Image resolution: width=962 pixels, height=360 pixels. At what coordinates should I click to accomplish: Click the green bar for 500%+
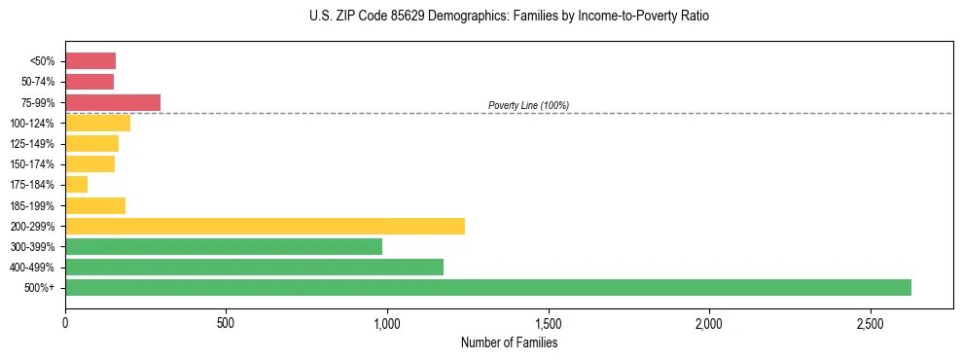click(x=487, y=287)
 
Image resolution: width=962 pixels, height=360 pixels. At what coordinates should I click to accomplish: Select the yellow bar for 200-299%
click(x=265, y=226)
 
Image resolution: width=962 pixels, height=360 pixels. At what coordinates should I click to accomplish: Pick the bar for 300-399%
click(x=224, y=246)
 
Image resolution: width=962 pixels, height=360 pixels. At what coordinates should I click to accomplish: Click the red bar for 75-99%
click(x=113, y=102)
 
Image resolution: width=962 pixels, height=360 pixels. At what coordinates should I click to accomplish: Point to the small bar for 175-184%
click(x=77, y=184)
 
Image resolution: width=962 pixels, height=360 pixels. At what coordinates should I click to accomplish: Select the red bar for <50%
click(x=90, y=61)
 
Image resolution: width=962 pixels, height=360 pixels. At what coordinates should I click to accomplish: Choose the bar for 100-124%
click(x=97, y=123)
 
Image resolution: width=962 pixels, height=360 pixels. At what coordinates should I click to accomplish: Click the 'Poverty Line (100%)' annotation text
click(x=528, y=105)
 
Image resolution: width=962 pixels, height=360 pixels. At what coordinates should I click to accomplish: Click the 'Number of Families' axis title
click(x=509, y=342)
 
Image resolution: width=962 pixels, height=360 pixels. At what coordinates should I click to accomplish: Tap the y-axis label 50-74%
click(x=38, y=82)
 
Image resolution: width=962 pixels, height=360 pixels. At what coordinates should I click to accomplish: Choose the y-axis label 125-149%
click(x=32, y=144)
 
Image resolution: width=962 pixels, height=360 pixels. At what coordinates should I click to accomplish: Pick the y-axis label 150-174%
click(x=32, y=164)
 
